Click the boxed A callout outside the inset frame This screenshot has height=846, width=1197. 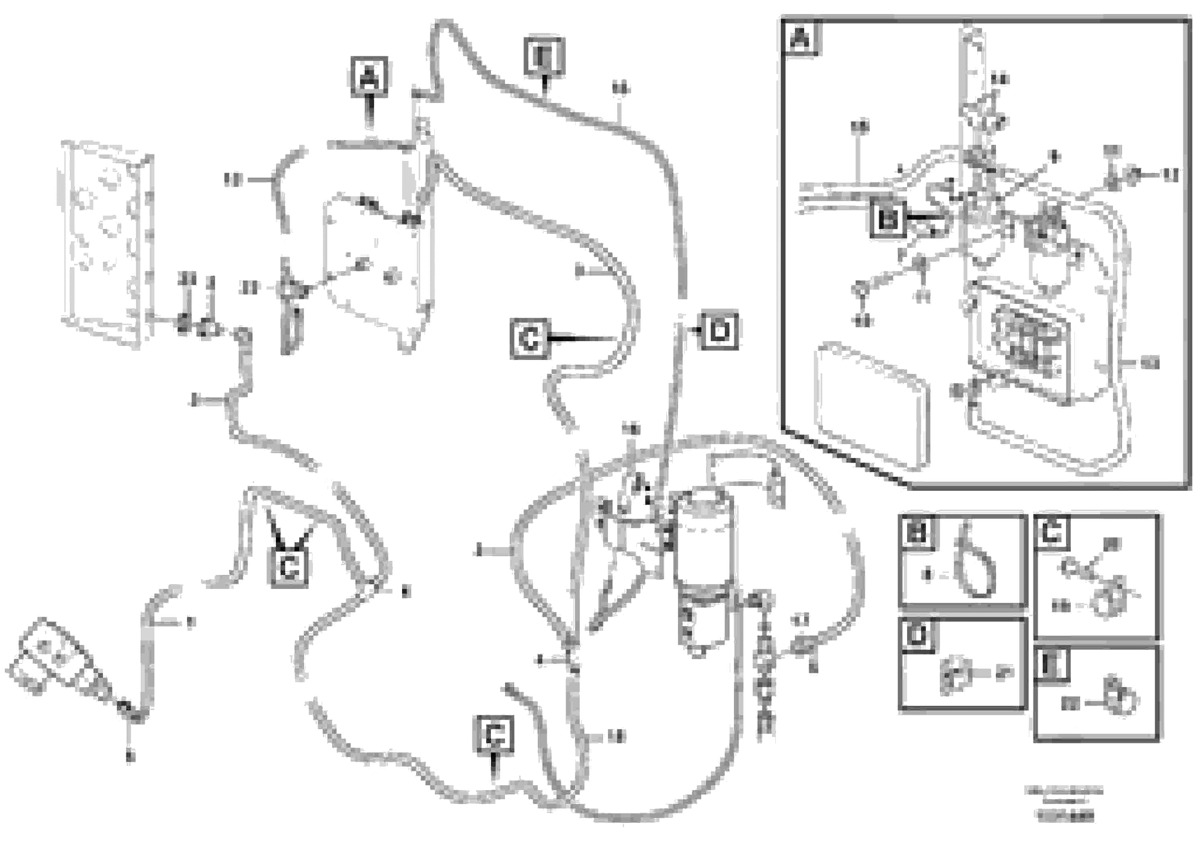pyautogui.click(x=369, y=77)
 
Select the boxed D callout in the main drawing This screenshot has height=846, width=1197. pyautogui.click(x=719, y=330)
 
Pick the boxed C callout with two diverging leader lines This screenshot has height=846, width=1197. pyautogui.click(x=289, y=567)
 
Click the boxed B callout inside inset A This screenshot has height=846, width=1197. pyautogui.click(x=888, y=220)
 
